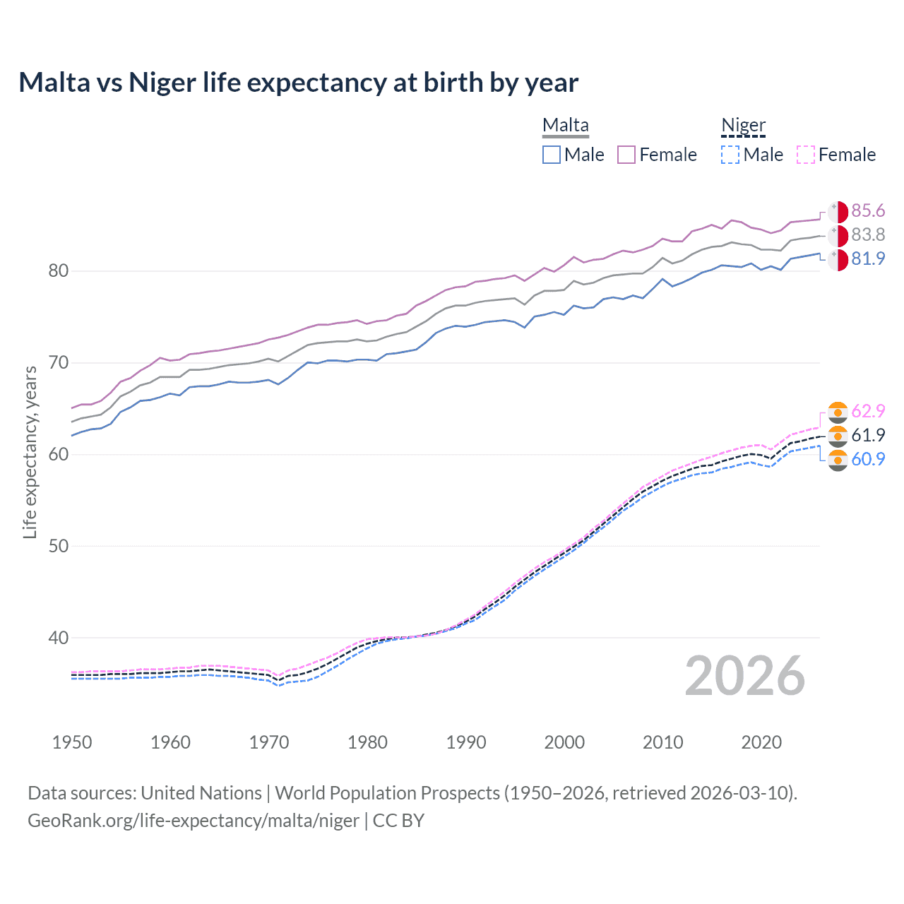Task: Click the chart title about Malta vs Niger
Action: coord(298,83)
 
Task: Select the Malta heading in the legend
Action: coord(565,126)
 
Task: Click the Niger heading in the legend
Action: coord(743,126)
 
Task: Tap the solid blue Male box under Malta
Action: coord(552,155)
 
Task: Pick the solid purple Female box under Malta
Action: coord(626,155)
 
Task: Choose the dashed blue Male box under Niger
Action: coord(730,155)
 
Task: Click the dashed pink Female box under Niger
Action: coord(806,155)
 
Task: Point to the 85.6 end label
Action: coord(868,211)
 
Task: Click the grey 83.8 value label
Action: coord(868,234)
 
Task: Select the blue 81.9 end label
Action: coord(868,258)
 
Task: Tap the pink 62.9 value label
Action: coord(868,411)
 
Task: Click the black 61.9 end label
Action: coord(868,435)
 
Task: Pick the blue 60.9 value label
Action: coord(868,459)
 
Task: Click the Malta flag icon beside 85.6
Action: coord(838,212)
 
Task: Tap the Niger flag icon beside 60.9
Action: coord(838,460)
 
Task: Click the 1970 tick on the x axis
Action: coord(269,742)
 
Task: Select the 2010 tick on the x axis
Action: coord(662,742)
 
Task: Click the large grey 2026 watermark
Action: coord(744,676)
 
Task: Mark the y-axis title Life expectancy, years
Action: coord(30,452)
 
